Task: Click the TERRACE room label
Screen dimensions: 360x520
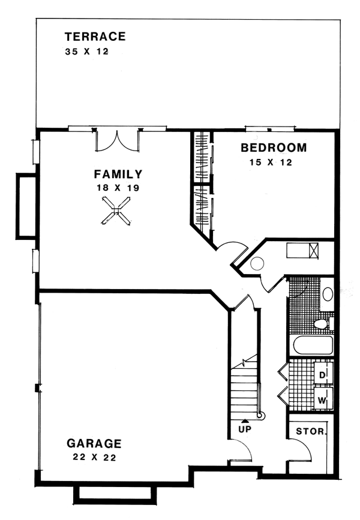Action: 95,37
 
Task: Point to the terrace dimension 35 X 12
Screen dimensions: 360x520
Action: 87,52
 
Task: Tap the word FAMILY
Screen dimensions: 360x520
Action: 118,174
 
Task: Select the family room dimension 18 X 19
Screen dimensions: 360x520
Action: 118,188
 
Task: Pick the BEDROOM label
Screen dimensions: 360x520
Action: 274,148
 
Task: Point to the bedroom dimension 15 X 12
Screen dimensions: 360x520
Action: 271,162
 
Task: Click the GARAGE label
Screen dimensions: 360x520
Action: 94,443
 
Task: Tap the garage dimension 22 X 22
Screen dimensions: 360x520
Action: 94,457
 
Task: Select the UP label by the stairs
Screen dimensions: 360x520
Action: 245,429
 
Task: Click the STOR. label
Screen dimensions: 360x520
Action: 311,431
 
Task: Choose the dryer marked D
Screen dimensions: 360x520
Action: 323,375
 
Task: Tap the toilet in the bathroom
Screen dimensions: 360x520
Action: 323,323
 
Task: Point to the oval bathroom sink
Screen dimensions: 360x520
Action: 328,294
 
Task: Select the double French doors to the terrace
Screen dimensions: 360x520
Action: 117,141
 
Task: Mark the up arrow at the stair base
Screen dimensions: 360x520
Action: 245,420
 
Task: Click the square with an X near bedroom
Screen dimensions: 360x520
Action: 314,250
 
